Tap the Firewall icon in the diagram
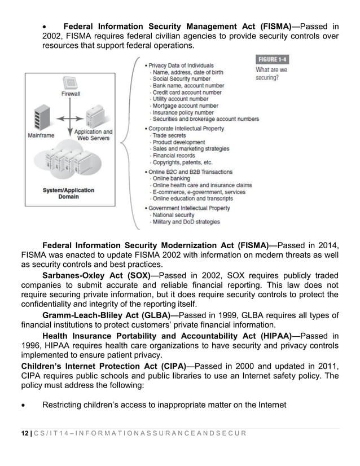click(x=71, y=83)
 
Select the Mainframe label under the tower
click(x=41, y=135)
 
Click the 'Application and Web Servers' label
click(x=94, y=135)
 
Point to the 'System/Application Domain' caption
click(x=69, y=194)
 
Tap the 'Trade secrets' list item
click(x=169, y=135)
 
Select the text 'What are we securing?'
click(x=271, y=73)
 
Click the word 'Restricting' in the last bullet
click(x=65, y=405)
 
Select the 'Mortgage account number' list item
click(x=185, y=105)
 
